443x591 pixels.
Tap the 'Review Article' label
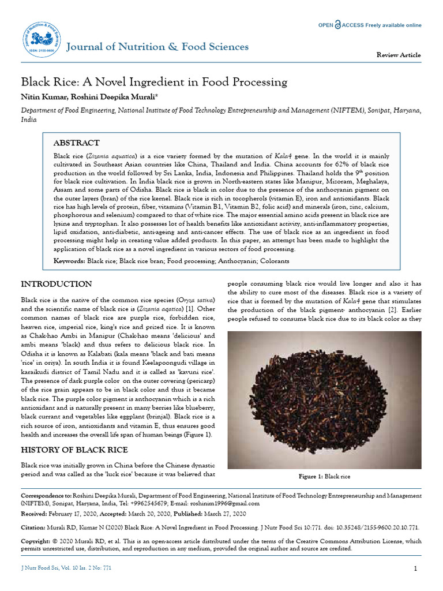pos(399,55)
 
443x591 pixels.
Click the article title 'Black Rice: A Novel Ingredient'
pos(154,82)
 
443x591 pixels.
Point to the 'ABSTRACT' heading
pos(76,143)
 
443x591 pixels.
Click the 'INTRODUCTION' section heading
pos(56,285)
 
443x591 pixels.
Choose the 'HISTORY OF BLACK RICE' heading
pos(74,450)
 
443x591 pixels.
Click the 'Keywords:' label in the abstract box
pos(69,261)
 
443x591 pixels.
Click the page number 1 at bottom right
pos(415,569)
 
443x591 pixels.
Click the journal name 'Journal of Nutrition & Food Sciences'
pos(157,47)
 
